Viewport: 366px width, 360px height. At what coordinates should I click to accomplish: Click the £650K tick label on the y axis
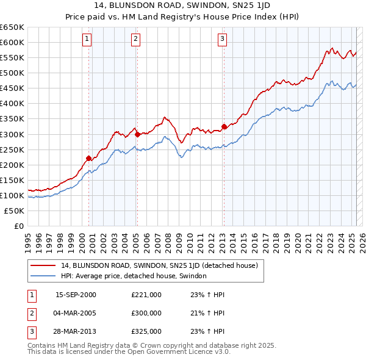[x=12, y=27]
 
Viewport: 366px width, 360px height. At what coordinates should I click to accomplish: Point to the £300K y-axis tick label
[x=12, y=134]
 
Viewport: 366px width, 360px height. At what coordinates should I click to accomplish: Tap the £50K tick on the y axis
[x=15, y=211]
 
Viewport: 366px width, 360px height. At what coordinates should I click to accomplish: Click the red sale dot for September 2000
[x=89, y=158]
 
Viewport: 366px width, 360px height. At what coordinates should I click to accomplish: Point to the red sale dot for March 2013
[x=223, y=126]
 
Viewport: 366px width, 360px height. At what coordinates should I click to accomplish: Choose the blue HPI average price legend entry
[x=134, y=276]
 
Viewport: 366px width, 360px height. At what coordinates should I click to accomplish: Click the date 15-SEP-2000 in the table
[x=76, y=295]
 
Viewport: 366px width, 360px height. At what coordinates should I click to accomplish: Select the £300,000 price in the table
[x=146, y=313]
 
